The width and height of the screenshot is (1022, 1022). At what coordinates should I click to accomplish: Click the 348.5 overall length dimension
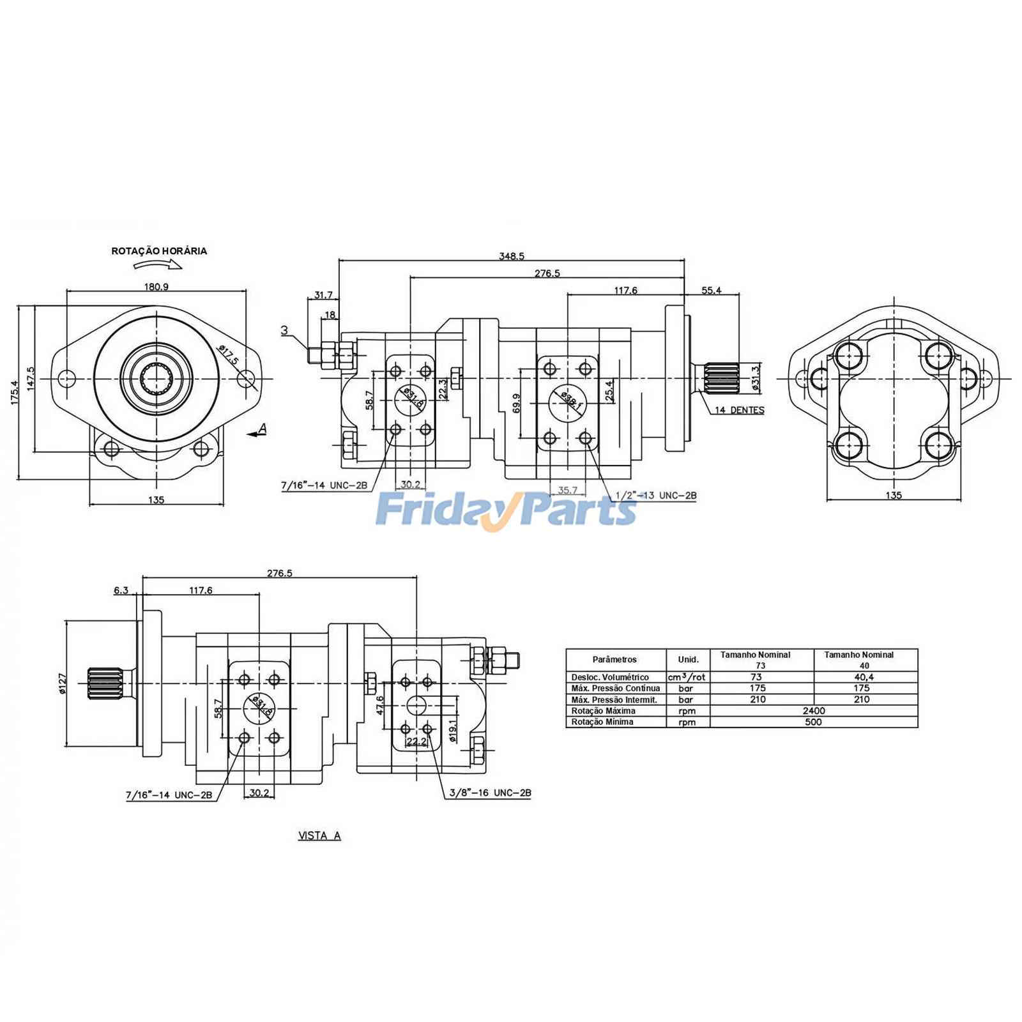click(511, 256)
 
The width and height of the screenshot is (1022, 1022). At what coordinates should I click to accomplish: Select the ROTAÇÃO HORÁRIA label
click(159, 251)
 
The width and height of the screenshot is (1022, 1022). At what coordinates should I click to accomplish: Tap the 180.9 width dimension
click(156, 287)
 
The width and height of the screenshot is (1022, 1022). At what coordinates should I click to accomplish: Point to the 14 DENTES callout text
click(739, 410)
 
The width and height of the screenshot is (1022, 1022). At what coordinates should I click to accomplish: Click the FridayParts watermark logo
click(506, 509)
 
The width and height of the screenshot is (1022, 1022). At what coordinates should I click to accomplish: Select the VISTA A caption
click(319, 835)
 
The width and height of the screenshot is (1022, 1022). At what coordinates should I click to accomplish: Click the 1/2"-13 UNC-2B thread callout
click(655, 495)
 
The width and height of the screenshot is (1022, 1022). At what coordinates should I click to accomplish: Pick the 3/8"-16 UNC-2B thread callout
click(490, 793)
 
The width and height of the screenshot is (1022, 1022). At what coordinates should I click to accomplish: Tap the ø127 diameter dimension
click(63, 683)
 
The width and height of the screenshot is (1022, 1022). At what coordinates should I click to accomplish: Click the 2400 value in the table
click(813, 710)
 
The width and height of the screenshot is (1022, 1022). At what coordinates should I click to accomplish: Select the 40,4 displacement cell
click(863, 676)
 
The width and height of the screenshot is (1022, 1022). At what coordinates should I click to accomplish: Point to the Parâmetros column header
click(614, 659)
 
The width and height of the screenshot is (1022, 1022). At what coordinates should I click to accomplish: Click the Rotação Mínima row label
click(602, 722)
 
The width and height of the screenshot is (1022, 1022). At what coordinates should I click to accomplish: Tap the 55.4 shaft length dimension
click(711, 291)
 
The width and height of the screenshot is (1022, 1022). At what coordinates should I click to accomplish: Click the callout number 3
click(284, 330)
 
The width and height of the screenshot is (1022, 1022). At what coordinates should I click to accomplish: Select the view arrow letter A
click(262, 429)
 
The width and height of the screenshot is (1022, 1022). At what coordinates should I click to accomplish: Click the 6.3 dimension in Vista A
click(121, 590)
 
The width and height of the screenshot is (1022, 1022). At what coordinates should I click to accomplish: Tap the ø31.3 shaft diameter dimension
click(756, 378)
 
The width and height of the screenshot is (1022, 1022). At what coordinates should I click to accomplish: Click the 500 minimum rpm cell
click(813, 722)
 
